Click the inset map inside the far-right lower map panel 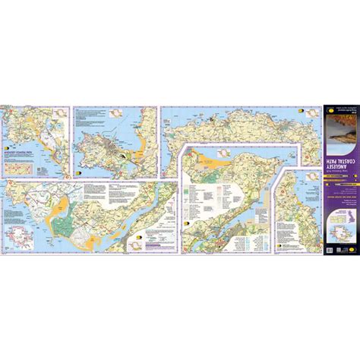coord(293,184)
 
